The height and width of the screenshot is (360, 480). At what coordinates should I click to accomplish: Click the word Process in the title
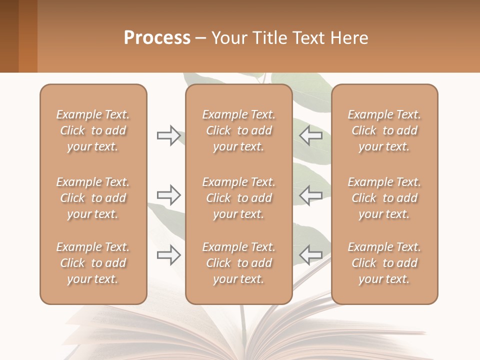tap(157, 37)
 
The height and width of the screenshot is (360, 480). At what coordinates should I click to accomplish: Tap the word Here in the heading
tap(349, 37)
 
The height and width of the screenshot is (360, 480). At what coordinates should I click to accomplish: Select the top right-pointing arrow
tap(168, 135)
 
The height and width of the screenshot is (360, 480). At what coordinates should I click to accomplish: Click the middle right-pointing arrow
tap(168, 195)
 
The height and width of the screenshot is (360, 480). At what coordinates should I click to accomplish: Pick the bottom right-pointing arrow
tap(168, 255)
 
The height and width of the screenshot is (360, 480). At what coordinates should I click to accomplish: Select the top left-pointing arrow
tap(310, 135)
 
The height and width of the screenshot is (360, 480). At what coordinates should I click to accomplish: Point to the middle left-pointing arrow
tap(310, 195)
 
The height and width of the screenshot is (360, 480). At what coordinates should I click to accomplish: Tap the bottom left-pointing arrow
tap(310, 255)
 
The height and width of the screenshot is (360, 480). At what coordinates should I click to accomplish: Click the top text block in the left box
tap(93, 130)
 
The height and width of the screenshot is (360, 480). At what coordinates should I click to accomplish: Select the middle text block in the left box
tap(93, 198)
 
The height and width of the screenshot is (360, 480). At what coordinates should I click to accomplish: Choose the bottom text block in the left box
tap(93, 263)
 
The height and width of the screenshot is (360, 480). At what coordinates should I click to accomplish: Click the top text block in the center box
tap(238, 130)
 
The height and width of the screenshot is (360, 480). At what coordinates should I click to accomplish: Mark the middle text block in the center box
tap(238, 198)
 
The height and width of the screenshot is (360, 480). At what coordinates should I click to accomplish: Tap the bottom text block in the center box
tap(238, 263)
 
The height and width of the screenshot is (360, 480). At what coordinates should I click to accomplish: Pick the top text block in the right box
tap(384, 130)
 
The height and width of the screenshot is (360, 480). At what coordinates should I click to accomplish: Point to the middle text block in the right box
tap(384, 198)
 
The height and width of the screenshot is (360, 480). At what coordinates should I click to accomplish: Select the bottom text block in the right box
tap(384, 263)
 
